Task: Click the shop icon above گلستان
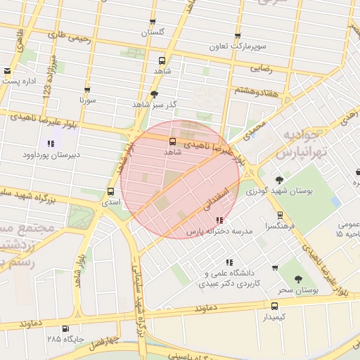[153, 22]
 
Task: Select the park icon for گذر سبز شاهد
[154, 94]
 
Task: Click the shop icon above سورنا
[87, 91]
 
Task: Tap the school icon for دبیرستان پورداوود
[51, 143]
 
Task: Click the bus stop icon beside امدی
[110, 191]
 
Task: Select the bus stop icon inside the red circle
[173, 141]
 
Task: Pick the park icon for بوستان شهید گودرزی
[279, 179]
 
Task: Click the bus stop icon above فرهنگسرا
[280, 215]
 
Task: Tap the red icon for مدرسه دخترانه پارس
[219, 221]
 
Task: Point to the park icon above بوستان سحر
[300, 279]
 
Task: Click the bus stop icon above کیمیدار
[274, 306]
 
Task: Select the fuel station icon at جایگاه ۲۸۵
[65, 328]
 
